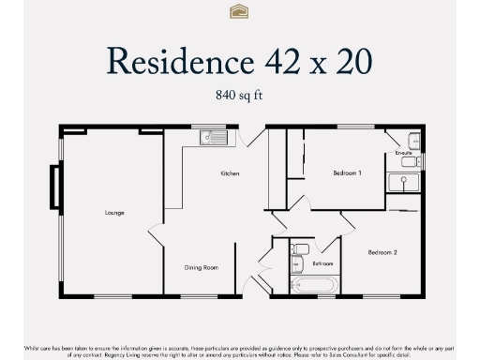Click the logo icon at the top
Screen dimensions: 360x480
tap(239, 11)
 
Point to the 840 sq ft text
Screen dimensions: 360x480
tap(239, 95)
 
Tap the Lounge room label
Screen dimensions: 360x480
tap(114, 213)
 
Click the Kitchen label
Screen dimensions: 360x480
tap(230, 173)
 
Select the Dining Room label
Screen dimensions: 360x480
tap(202, 267)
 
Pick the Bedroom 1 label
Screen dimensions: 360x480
tap(347, 173)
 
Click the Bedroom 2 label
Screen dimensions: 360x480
tap(382, 252)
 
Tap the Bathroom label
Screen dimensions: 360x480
tap(323, 264)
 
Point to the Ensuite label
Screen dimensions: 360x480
tap(404, 152)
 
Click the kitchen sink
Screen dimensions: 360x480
tap(215, 140)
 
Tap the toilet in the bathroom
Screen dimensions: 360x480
tap(300, 249)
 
